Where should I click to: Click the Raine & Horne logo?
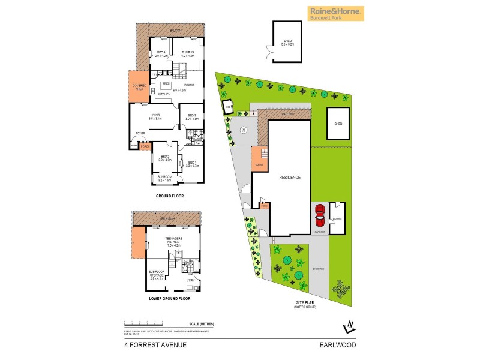click(335, 13)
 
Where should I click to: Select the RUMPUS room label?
click(188, 55)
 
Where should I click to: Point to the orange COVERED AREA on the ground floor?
click(140, 88)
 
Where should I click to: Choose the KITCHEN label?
click(164, 94)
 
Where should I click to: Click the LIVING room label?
click(155, 116)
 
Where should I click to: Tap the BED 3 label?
click(191, 116)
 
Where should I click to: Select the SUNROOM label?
click(165, 178)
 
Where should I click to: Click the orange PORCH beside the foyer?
click(145, 146)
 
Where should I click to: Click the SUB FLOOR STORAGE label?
click(156, 274)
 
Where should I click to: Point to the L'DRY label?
click(190, 280)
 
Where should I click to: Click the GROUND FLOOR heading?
click(169, 196)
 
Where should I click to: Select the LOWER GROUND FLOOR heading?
click(169, 298)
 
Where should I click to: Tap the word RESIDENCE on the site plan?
click(290, 178)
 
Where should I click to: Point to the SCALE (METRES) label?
click(201, 324)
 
